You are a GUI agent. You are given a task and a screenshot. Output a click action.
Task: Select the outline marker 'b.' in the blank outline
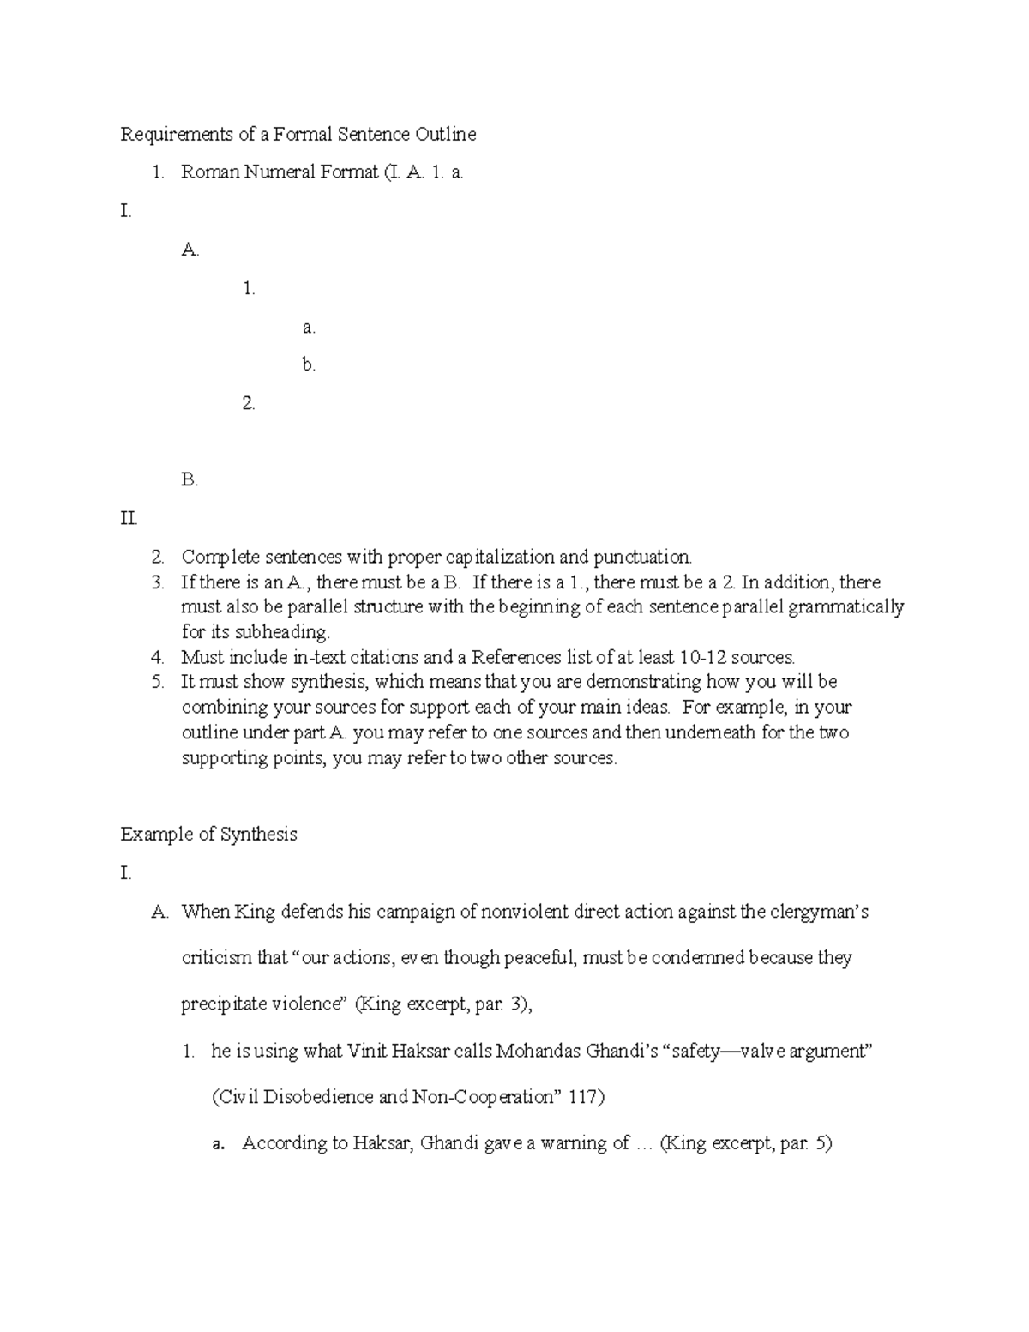(309, 365)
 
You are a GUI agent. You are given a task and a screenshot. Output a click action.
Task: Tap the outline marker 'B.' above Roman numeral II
(190, 480)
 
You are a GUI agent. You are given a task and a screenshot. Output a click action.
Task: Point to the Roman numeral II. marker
(129, 519)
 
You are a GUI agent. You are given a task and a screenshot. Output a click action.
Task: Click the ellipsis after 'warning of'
(644, 1143)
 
